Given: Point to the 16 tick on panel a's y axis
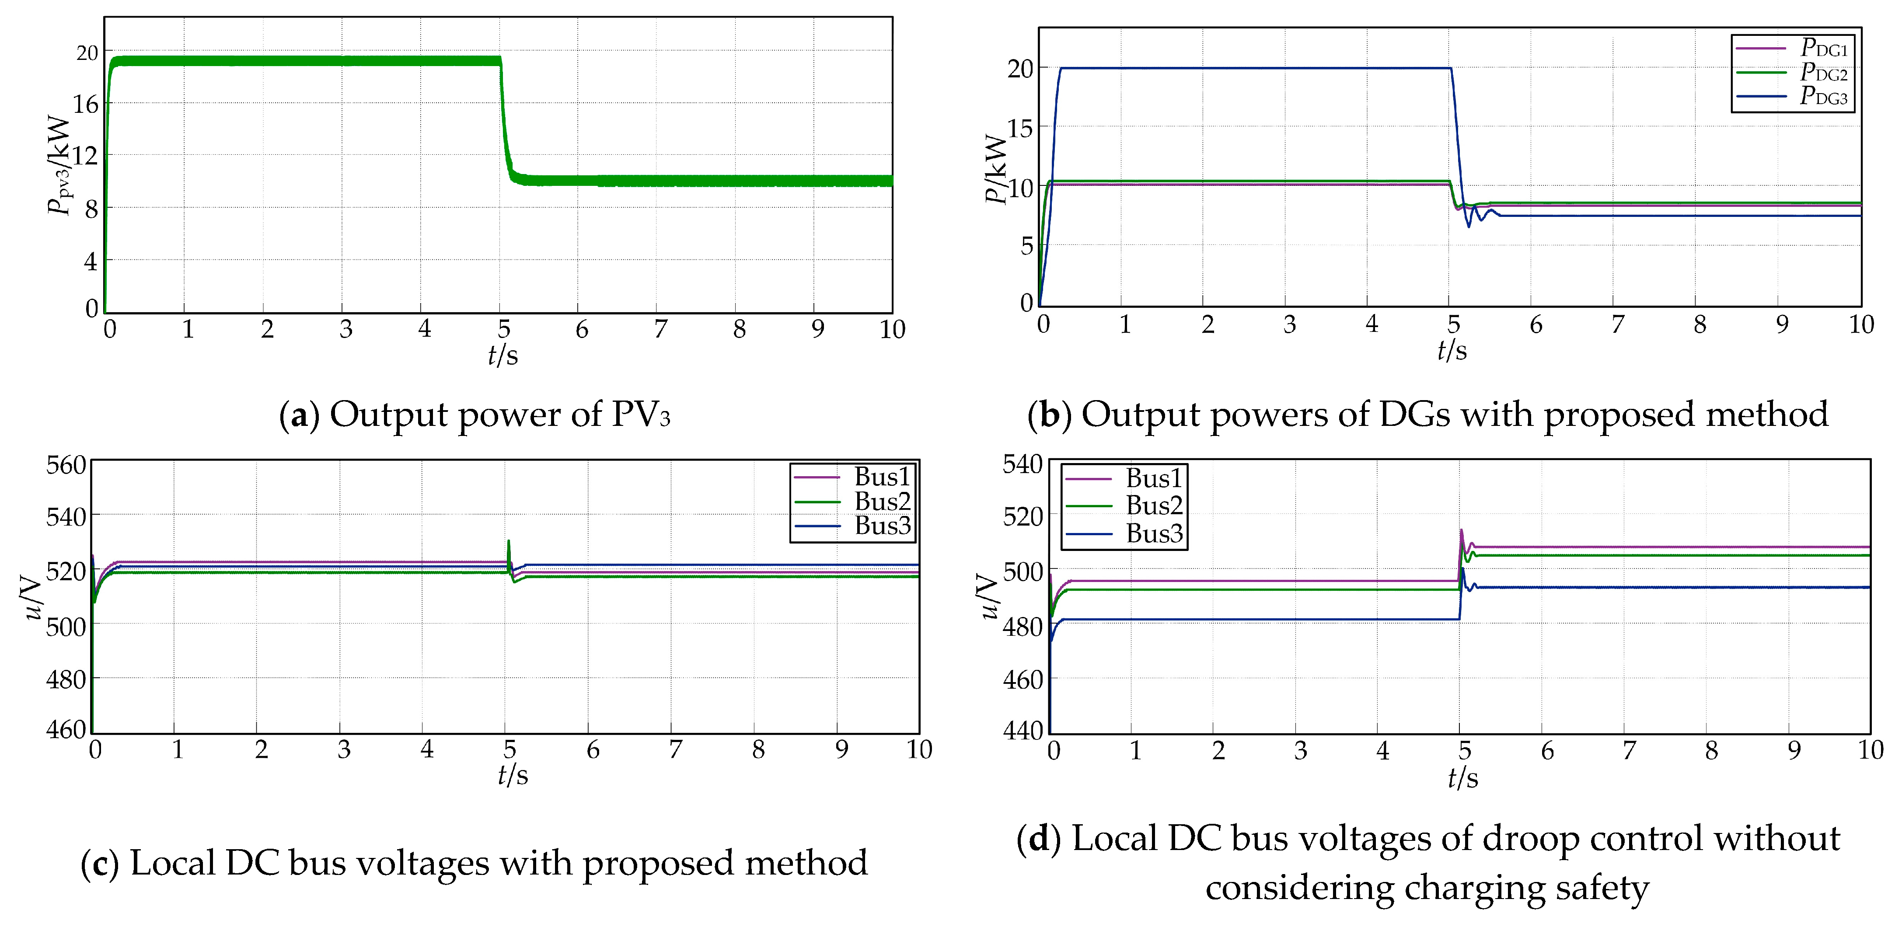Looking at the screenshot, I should pos(85,105).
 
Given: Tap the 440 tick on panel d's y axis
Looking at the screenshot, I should pos(1023,731).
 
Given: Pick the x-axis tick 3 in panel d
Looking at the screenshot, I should pos(1301,750).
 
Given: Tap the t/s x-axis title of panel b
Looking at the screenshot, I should pos(1452,350).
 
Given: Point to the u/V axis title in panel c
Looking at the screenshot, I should pos(31,597).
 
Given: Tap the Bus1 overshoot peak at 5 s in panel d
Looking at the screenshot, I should pos(1461,530).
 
